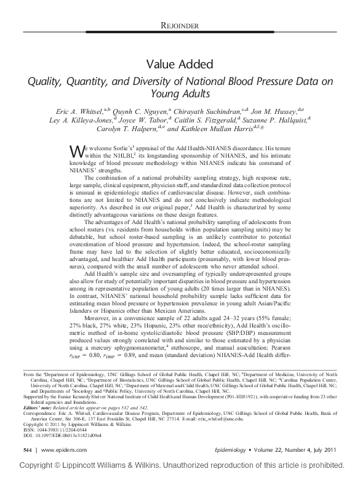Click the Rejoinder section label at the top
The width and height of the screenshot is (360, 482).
click(180, 25)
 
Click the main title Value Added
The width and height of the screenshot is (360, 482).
click(180, 64)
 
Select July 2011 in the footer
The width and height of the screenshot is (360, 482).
click(337, 450)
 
